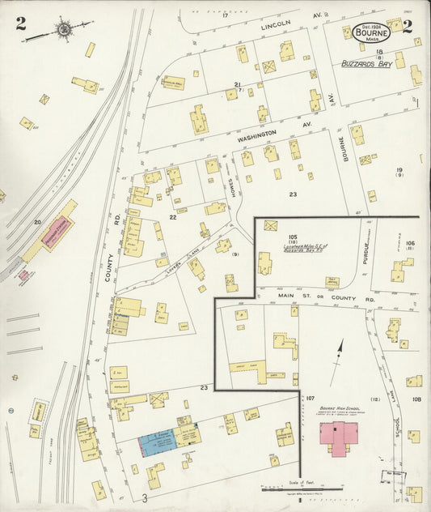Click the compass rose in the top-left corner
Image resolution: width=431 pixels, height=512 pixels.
64,30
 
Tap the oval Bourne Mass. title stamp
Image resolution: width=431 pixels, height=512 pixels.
372,33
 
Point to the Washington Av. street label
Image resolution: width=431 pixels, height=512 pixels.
256,137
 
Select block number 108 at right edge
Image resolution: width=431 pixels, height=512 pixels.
416,399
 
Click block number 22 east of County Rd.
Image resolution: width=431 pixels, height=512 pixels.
172,217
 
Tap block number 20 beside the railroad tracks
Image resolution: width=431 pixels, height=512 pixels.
37,221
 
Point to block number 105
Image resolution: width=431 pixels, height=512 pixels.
293,237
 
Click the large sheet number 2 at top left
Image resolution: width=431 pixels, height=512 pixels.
20,23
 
